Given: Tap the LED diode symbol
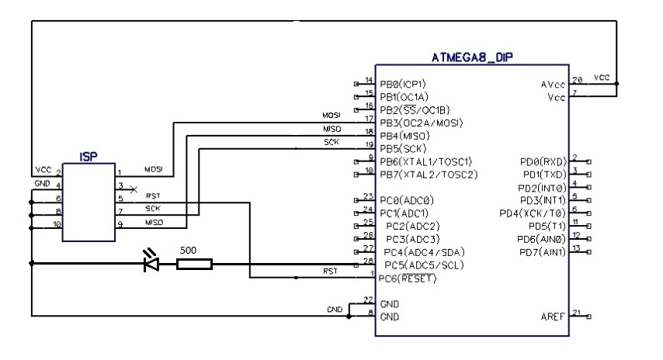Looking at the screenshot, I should pos(152,265).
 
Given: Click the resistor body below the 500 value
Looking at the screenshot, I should pos(194,265).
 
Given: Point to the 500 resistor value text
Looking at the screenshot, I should pos(187,251).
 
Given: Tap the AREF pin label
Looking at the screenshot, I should pos(552,317).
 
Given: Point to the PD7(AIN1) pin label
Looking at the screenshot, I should pos(543,252).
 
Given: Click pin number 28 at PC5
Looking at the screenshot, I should pos(369,260).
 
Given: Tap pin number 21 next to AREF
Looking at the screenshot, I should pos(576,312).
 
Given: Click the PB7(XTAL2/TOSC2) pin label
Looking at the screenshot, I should pos(428,175).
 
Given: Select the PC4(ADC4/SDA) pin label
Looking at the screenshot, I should pos(422,252).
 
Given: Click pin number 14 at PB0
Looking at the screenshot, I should pos(369,80).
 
